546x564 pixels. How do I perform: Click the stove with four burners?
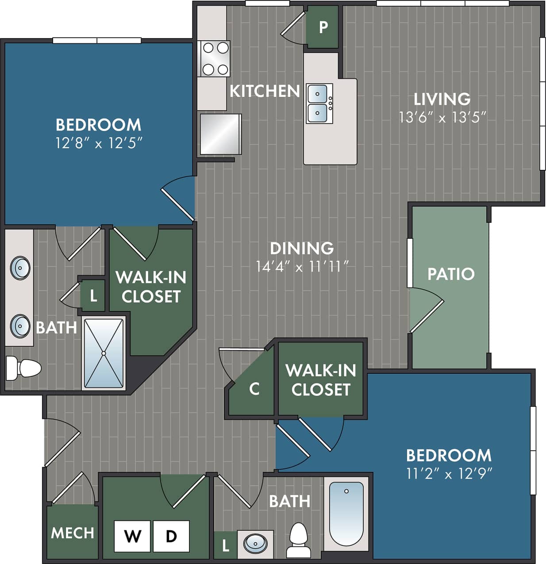[215, 58]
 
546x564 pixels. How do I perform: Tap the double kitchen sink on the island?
[319, 104]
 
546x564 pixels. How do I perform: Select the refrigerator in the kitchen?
[220, 134]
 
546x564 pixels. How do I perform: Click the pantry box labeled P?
[323, 27]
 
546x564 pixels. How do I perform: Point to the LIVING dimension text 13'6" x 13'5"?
[442, 117]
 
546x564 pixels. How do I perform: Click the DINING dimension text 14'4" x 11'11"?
[302, 266]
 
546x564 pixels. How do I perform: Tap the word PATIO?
[450, 274]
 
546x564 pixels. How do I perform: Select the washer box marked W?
[132, 536]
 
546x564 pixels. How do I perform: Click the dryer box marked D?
[171, 536]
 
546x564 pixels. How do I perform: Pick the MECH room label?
[73, 533]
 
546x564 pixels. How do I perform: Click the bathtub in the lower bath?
[346, 513]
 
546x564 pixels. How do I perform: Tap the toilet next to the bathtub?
[298, 540]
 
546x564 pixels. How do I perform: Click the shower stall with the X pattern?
[104, 353]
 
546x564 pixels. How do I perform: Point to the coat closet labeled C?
[254, 389]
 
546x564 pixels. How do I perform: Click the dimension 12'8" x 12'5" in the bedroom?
[99, 143]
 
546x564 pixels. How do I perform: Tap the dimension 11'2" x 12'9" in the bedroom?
[449, 474]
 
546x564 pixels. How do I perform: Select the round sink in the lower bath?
[255, 543]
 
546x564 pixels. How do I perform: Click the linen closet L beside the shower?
[93, 295]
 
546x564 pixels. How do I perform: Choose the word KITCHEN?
[265, 91]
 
